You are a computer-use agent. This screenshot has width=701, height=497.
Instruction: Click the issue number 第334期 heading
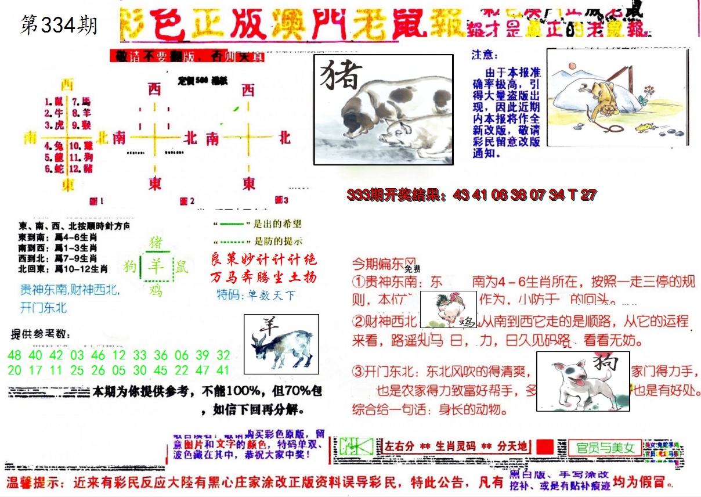pyautogui.click(x=59, y=26)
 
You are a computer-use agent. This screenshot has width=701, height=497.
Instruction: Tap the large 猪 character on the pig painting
pyautogui.click(x=341, y=75)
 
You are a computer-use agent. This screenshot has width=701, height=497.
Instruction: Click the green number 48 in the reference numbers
pyautogui.click(x=15, y=355)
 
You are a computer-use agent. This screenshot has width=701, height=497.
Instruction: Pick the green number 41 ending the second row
pyautogui.click(x=223, y=370)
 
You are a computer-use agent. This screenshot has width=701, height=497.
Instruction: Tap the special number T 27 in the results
pyautogui.click(x=582, y=195)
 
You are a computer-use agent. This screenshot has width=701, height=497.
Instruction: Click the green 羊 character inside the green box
pyautogui.click(x=156, y=266)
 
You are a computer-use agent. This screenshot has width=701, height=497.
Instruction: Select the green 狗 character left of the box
pyautogui.click(x=129, y=266)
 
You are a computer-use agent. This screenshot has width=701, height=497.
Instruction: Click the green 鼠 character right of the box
pyautogui.click(x=182, y=266)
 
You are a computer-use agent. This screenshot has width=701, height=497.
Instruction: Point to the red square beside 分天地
pyautogui.click(x=544, y=446)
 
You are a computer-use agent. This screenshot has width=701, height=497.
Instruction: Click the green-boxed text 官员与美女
pyautogui.click(x=605, y=448)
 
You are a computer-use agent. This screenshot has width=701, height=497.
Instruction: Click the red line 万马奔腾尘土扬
pyautogui.click(x=263, y=277)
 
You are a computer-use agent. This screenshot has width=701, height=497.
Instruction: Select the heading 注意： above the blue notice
pyautogui.click(x=485, y=55)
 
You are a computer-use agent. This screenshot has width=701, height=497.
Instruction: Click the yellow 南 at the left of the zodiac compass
pyautogui.click(x=30, y=138)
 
